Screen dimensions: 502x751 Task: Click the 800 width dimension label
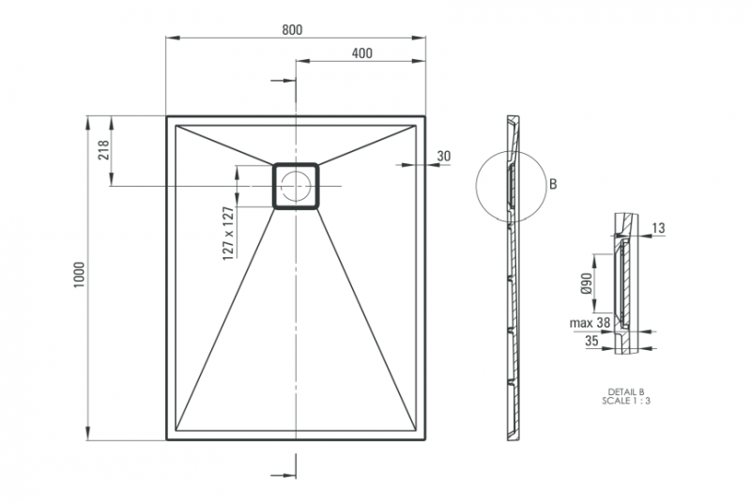[291, 29]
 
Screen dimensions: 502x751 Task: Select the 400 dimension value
[361, 53]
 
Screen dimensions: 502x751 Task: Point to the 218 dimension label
[104, 150]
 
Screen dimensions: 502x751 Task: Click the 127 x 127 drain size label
[228, 235]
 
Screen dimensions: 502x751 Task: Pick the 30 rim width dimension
[444, 156]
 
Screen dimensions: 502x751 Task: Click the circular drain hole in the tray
[297, 186]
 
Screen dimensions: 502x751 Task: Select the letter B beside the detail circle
[553, 185]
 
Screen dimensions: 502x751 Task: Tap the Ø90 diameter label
[586, 284]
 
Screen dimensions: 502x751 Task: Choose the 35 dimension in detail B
[591, 342]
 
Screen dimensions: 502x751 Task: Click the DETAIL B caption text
[626, 390]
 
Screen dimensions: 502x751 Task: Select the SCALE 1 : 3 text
[626, 400]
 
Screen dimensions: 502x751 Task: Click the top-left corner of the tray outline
[167, 116]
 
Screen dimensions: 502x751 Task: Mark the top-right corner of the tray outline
[426, 116]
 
